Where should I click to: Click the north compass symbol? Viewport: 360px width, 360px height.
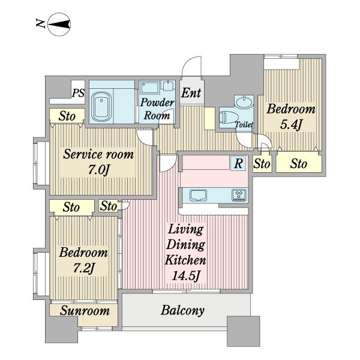coord(59,25)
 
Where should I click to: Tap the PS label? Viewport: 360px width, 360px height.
coord(78,93)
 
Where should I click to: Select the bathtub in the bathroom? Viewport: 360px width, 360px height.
coord(101,107)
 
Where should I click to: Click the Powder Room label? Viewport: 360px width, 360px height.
coord(157,109)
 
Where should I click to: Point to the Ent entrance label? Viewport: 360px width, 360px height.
coord(191,93)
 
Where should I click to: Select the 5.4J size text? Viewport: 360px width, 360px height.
coord(290,125)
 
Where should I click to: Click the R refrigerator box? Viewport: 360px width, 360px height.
coord(238,163)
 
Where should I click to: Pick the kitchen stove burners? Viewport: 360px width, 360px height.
coord(239,195)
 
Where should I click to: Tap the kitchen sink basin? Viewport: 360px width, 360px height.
coord(199,195)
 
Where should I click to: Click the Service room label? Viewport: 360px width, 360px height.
coord(98,154)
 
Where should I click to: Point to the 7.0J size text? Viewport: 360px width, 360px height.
coord(98,170)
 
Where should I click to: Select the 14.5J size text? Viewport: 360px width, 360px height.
coord(185,275)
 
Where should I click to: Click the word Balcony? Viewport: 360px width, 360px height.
coord(182,311)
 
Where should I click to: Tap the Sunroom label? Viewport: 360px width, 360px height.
coord(85,311)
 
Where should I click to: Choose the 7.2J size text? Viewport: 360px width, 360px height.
coord(84,268)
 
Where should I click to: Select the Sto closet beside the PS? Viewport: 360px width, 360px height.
coord(67,116)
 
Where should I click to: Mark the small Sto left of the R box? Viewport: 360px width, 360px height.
coord(262,164)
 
